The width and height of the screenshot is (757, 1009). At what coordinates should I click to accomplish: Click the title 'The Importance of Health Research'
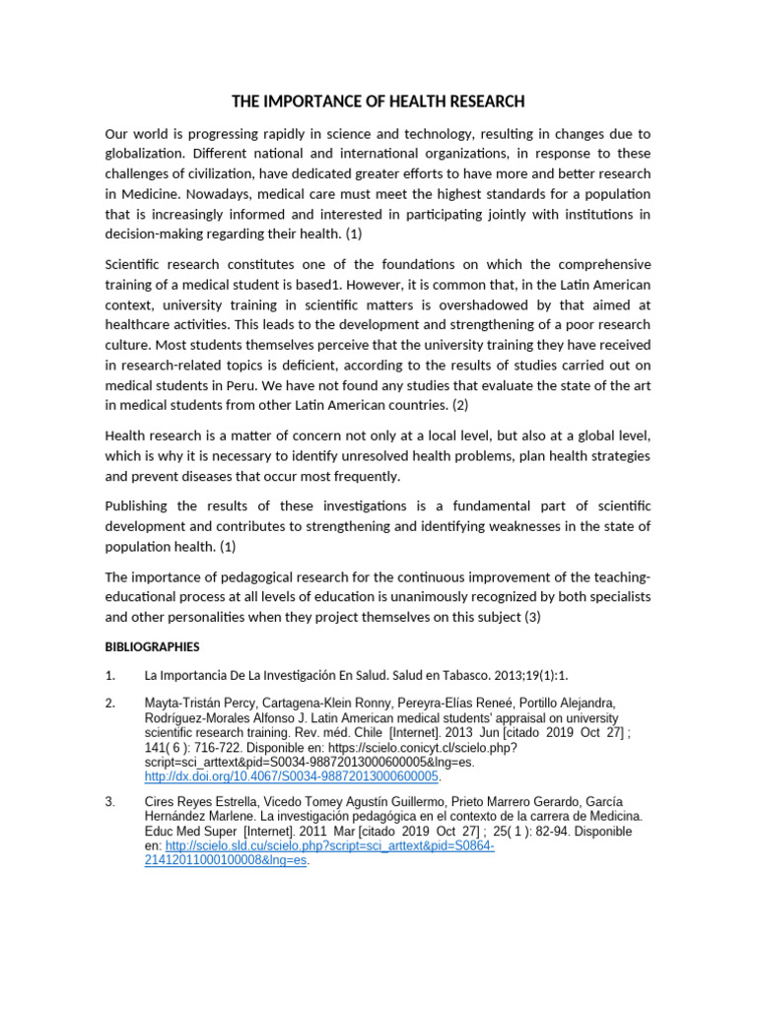(x=378, y=101)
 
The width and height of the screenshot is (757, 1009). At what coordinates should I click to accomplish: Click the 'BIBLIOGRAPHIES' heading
(x=152, y=647)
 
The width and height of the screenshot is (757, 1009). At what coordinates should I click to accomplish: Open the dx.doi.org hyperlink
(x=291, y=776)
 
